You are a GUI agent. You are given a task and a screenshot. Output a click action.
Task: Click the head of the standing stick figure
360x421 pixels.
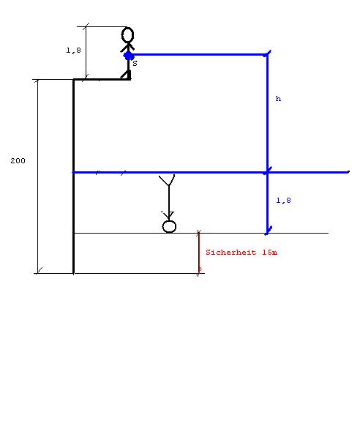128,35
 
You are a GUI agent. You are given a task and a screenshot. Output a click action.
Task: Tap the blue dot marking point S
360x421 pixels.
129,56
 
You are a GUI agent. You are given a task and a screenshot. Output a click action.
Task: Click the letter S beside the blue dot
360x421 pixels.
135,64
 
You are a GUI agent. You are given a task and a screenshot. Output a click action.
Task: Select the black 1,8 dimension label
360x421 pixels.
73,51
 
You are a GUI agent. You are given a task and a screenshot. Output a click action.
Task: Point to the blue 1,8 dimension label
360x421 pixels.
284,201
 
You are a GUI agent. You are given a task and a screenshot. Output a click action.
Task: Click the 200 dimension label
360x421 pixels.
18,161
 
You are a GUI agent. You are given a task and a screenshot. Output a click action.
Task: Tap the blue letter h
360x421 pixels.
278,99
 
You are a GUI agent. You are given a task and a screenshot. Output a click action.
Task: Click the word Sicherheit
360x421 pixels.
230,253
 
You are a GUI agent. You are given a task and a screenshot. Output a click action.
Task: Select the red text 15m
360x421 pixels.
270,253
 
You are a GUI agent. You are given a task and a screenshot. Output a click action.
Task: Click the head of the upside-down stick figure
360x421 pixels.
169,226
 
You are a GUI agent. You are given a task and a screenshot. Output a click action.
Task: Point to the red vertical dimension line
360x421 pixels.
199,253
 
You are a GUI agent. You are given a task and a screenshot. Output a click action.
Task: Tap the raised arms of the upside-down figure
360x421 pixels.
167,180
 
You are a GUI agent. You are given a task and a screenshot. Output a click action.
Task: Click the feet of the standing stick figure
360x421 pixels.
127,75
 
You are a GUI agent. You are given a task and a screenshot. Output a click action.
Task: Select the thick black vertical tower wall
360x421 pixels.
73,176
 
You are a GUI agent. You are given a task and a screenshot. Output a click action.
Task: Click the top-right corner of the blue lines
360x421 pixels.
267,54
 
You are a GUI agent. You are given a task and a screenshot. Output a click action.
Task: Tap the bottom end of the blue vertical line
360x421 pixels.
267,233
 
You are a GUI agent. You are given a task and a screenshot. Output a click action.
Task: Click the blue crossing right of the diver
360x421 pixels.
267,172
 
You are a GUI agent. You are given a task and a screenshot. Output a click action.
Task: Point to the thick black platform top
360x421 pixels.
102,79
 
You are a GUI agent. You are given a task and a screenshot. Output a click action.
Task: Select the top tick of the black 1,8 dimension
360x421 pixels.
86,26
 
